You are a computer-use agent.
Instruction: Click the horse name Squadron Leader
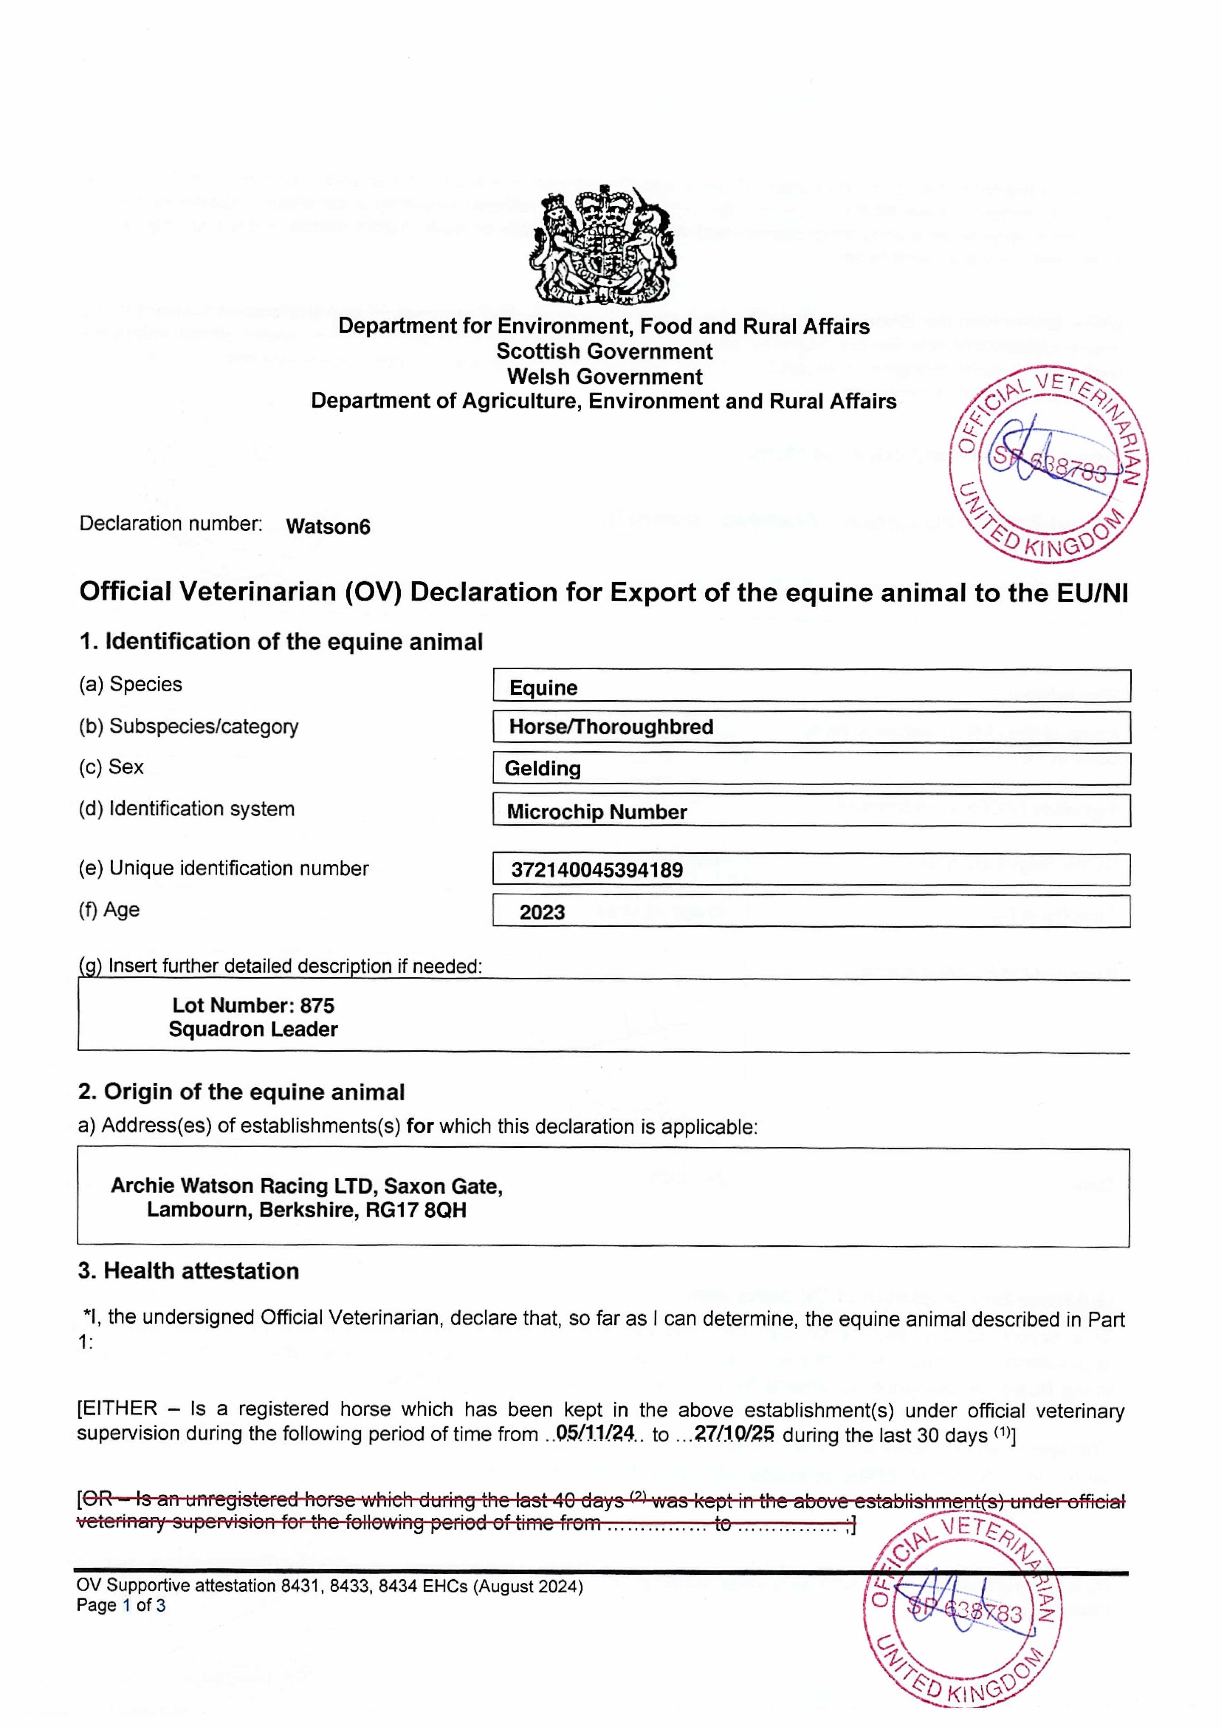pyautogui.click(x=253, y=1029)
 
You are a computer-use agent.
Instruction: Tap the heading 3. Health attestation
pyautogui.click(x=188, y=1271)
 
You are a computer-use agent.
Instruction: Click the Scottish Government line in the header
pyautogui.click(x=604, y=352)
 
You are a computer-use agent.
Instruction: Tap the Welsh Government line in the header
pyautogui.click(x=604, y=377)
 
